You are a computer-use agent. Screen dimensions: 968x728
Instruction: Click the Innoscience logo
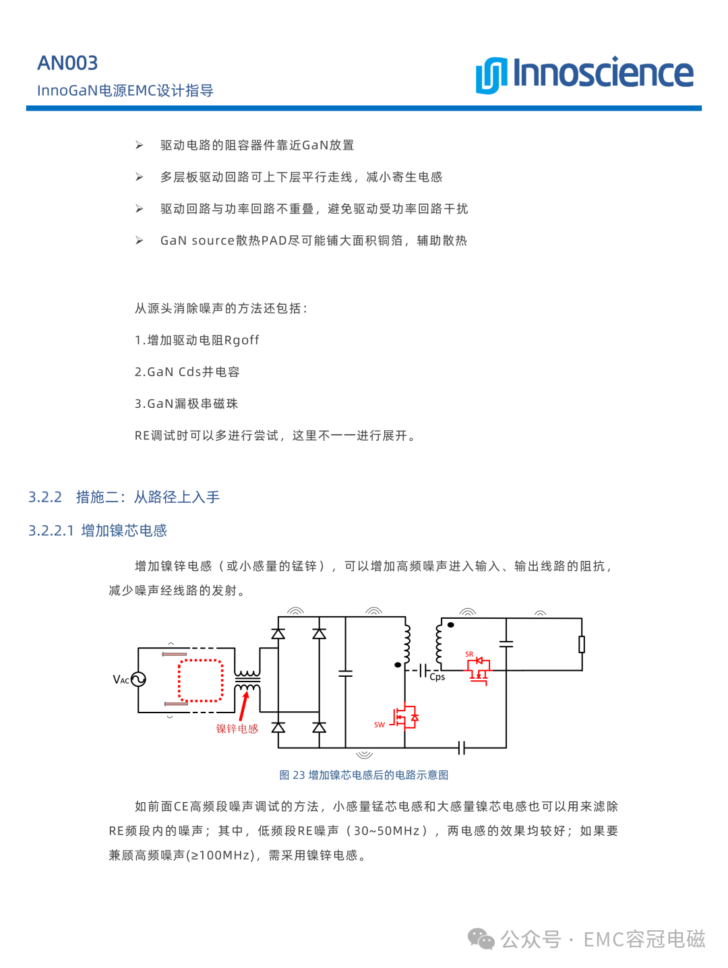point(584,74)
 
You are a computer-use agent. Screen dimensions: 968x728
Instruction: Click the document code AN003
point(67,63)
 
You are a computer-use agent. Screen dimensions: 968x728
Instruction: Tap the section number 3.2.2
point(44,497)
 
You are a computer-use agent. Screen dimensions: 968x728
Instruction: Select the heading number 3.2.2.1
point(51,531)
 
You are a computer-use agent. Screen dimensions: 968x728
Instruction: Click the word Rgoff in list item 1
point(241,340)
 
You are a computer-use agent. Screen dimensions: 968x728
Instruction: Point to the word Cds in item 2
point(189,372)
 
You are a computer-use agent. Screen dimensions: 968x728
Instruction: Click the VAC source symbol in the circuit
point(138,679)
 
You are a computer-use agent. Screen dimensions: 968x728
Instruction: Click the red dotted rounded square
point(200,681)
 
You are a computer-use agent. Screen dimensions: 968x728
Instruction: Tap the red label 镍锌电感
point(237,729)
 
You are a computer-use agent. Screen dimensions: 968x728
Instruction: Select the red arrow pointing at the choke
point(244,705)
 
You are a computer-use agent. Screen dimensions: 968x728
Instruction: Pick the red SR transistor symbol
point(479,670)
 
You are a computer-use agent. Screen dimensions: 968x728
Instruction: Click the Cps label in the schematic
point(437,677)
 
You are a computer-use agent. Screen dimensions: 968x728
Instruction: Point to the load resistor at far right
point(581,644)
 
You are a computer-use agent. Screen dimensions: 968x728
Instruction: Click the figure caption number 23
point(299,775)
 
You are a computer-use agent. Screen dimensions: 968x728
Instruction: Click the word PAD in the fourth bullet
point(274,241)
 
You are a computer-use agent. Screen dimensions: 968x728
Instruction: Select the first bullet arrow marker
point(139,145)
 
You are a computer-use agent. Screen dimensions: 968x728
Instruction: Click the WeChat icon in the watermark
point(481,939)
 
